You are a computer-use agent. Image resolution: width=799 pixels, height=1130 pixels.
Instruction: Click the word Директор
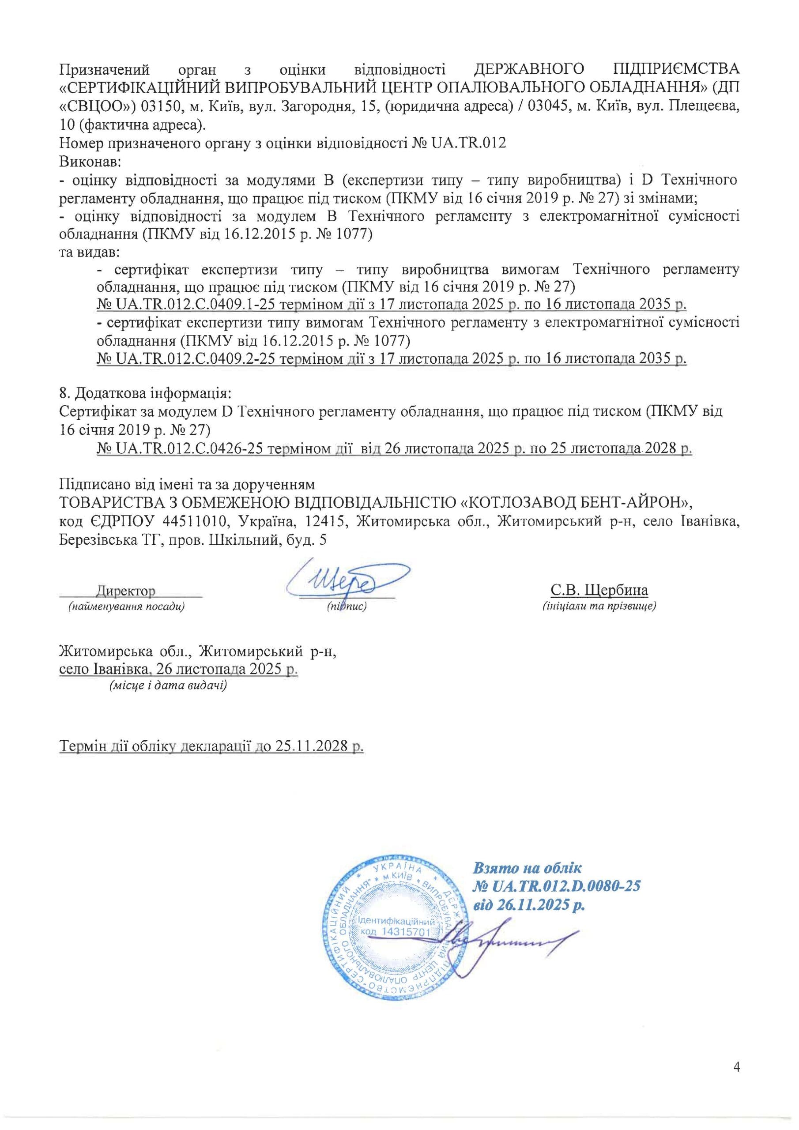[x=125, y=591]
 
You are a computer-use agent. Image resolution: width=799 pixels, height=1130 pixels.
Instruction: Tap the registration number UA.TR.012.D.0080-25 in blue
[x=557, y=886]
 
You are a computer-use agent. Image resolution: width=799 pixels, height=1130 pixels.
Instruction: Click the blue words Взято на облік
[x=527, y=867]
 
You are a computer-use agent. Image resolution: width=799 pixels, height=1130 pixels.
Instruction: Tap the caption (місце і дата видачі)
[x=168, y=685]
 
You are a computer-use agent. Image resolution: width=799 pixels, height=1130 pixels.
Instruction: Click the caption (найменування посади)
[x=127, y=606]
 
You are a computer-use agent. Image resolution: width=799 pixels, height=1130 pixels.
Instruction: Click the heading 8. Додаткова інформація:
[x=145, y=394]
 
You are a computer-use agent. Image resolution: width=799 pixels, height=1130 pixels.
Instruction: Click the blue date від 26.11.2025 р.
[x=529, y=904]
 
